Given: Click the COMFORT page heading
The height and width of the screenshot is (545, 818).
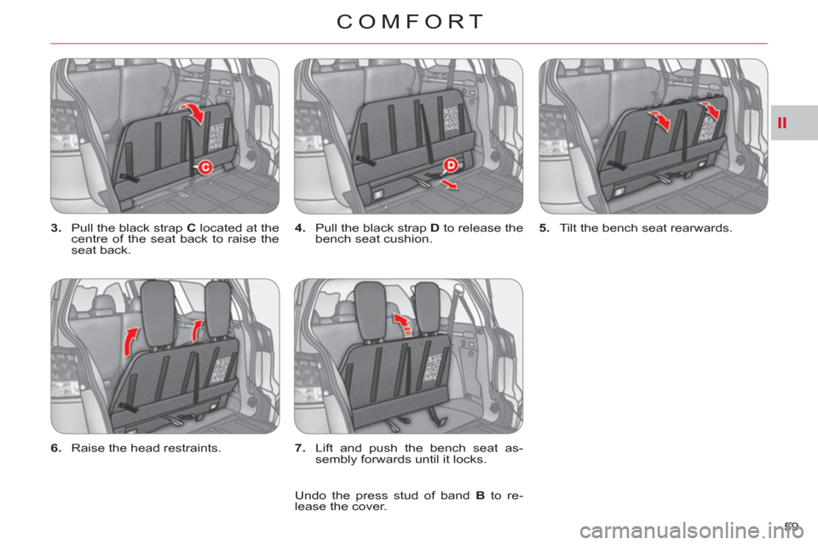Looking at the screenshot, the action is coord(410,22).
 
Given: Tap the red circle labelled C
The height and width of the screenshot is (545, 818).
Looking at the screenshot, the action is coord(205,168).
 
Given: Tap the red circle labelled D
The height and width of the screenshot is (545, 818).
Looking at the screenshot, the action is coord(450,166).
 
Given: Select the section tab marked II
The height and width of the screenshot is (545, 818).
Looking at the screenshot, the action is coord(781,123).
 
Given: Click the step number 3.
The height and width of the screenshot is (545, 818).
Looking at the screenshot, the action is coord(56,228).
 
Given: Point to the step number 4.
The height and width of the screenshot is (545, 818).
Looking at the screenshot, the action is coord(300,228).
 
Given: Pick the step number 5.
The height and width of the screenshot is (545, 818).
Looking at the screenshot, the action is coord(544,228).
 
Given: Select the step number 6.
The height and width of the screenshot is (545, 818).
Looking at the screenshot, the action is coord(56,448).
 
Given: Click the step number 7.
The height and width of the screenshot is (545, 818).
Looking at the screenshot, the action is coord(300,448).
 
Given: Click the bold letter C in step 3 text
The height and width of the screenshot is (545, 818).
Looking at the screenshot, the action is coord(191,228).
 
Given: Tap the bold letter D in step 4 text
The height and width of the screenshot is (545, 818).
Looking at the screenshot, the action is coord(435,228).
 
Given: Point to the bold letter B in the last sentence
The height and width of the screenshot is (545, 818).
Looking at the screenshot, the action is coord(480,496).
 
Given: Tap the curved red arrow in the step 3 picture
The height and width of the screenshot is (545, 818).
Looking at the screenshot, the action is coord(194,112).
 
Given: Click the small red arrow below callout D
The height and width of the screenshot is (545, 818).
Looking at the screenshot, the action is coord(449,183).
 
